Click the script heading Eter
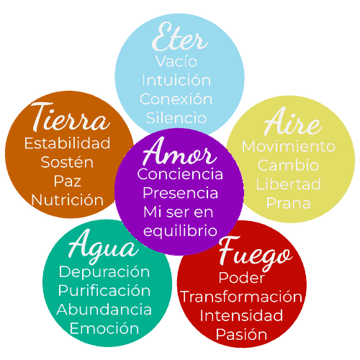click(180, 37)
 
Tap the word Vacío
click(176, 61)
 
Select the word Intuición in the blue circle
click(176, 80)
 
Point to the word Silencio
click(176, 117)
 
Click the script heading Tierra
click(71, 117)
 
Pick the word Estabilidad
click(67, 143)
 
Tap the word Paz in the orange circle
click(67, 181)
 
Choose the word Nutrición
click(67, 199)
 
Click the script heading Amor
click(180, 151)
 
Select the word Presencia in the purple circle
click(180, 193)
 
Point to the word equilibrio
click(180, 231)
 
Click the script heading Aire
click(292, 121)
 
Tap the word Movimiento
click(289, 146)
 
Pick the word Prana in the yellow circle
click(289, 203)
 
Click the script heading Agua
click(104, 246)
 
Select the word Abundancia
click(104, 309)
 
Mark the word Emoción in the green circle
click(104, 328)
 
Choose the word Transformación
click(241, 297)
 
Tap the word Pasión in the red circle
click(241, 334)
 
